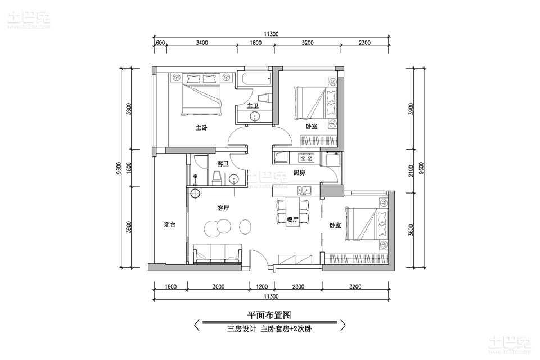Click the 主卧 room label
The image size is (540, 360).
tap(201, 128)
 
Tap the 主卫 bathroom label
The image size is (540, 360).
tap(253, 106)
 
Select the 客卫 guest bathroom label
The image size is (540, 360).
tap(223, 164)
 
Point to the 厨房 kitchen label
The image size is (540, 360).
tap(299, 173)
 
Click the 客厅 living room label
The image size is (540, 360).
tap(223, 208)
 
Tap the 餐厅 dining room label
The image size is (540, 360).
tap(292, 219)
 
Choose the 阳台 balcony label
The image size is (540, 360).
tap(170, 224)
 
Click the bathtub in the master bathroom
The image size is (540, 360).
tap(256, 79)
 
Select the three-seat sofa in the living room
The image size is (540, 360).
tap(218, 253)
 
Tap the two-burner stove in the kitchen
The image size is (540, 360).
tap(306, 158)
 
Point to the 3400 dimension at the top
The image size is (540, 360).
tap(202, 43)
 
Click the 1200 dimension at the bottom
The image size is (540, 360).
tap(262, 287)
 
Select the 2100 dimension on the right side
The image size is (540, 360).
tap(410, 170)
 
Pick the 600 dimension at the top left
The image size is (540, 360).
tap(160, 43)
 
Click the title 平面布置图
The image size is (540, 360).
tap(269, 315)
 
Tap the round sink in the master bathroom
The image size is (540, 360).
tap(254, 116)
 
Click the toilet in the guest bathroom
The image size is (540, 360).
tap(217, 178)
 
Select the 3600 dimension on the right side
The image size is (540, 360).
tap(410, 229)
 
